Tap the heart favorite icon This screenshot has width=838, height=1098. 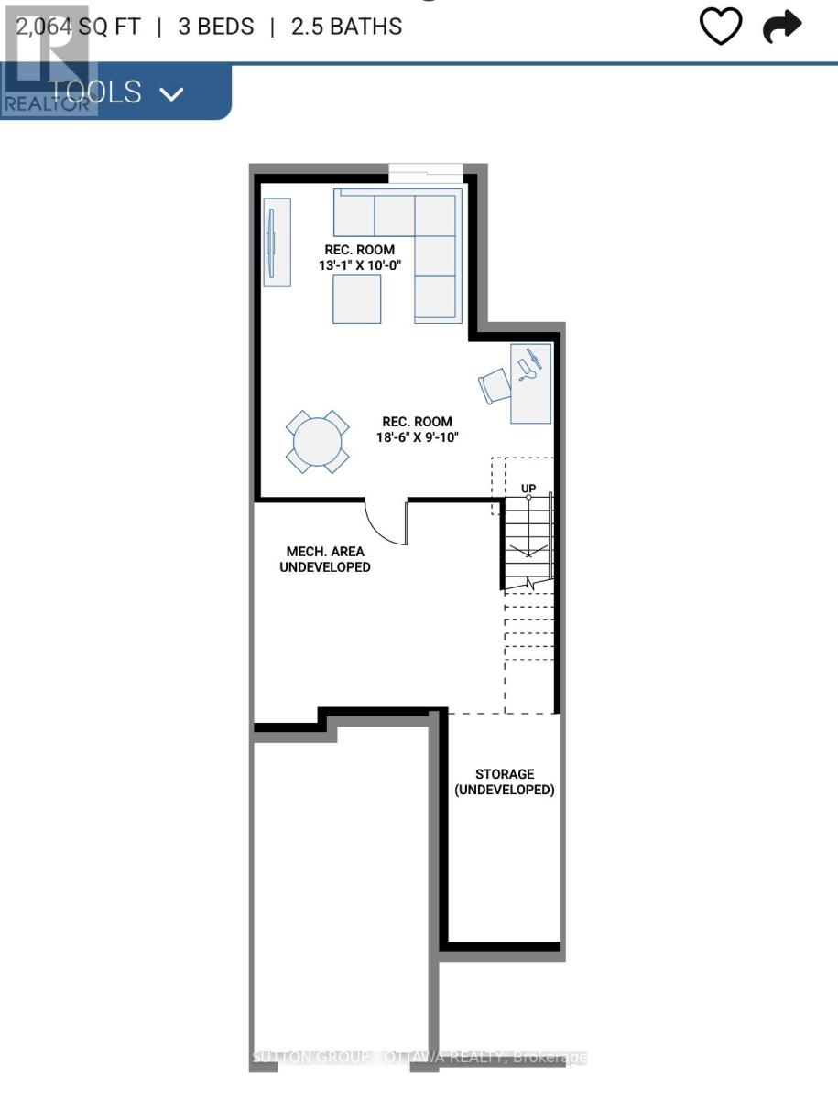pos(721,27)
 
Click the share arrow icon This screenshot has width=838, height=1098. pos(782,27)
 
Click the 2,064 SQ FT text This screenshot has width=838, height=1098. pos(78,27)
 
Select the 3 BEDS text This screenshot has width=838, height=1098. pos(216,27)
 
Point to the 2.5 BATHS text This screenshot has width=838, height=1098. pos(346,27)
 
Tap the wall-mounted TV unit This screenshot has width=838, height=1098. pos(277,242)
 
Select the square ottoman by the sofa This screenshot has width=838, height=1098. pos(356,299)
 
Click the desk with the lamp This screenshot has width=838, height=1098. pos(530,382)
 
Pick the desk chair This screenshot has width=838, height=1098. pos(493,385)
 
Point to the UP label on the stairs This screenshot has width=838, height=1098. pos(528,489)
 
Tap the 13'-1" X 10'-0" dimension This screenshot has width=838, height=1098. pos(360,265)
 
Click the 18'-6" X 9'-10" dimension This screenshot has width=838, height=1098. pos(417,437)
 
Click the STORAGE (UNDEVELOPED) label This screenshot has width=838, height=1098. pos(505,781)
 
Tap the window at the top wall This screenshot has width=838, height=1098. pos(425,169)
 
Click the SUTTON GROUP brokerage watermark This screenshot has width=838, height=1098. pos(419,1058)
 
